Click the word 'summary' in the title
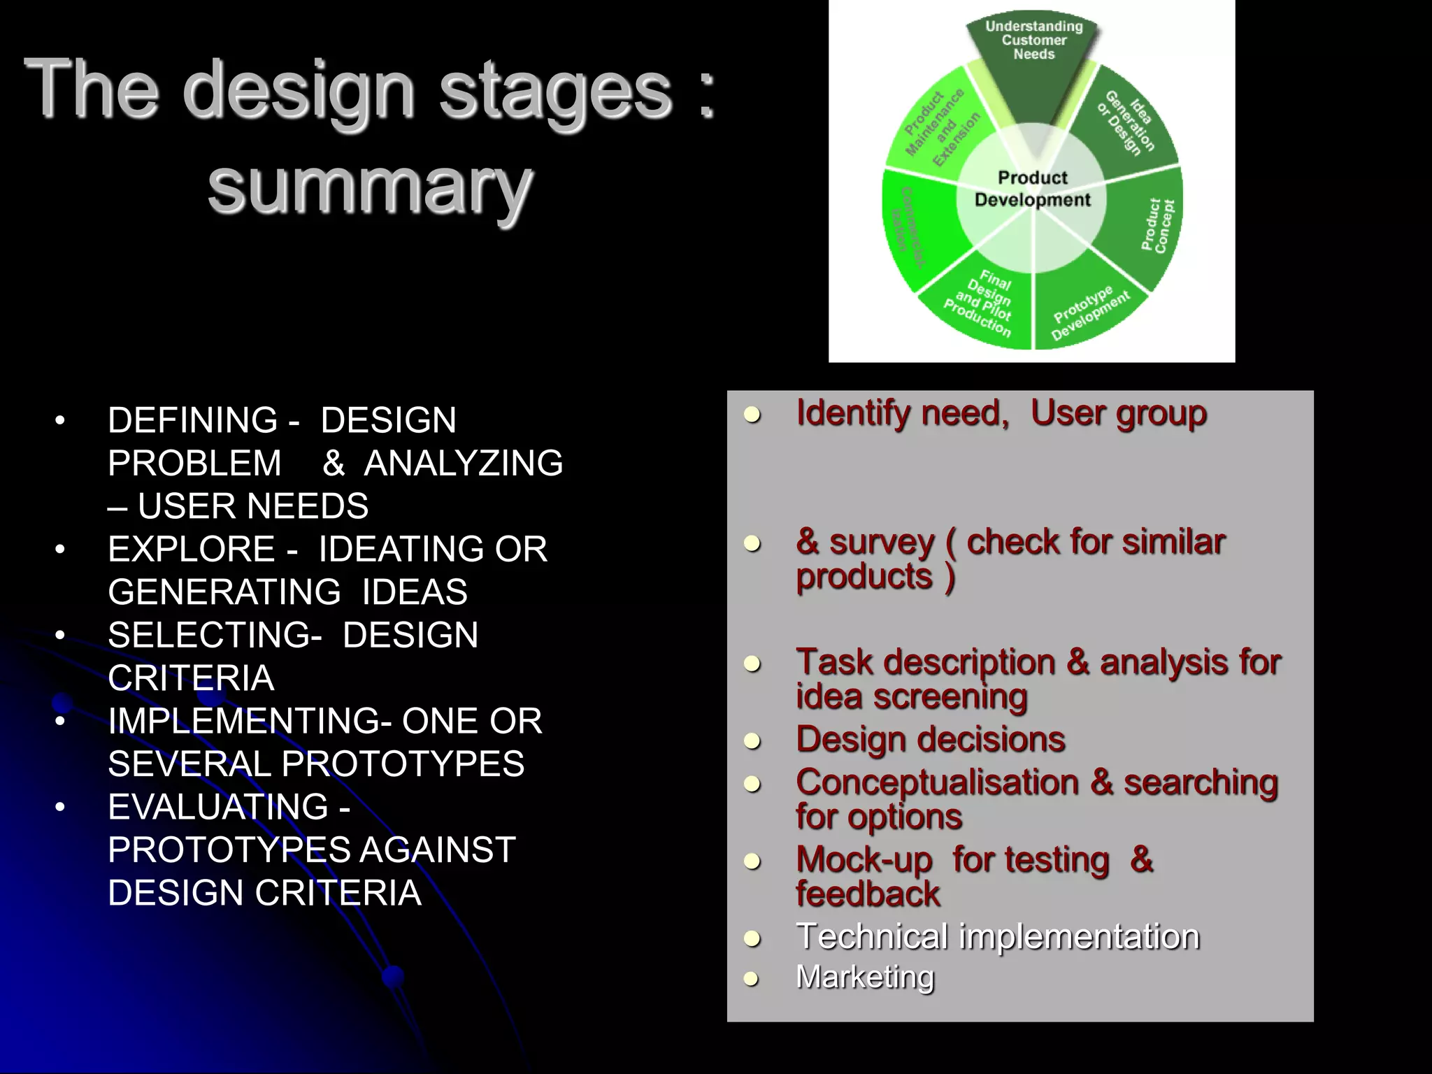371,187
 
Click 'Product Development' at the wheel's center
1033,189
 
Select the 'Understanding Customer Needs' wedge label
1033,41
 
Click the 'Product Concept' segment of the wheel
1157,225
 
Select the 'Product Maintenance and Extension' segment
941,127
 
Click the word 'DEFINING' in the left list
193,421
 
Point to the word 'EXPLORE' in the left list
191,550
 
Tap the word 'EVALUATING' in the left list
218,808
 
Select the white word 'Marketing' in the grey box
865,978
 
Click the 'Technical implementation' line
998,937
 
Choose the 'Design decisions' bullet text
930,740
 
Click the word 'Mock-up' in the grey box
864,860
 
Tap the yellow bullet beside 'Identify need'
752,415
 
